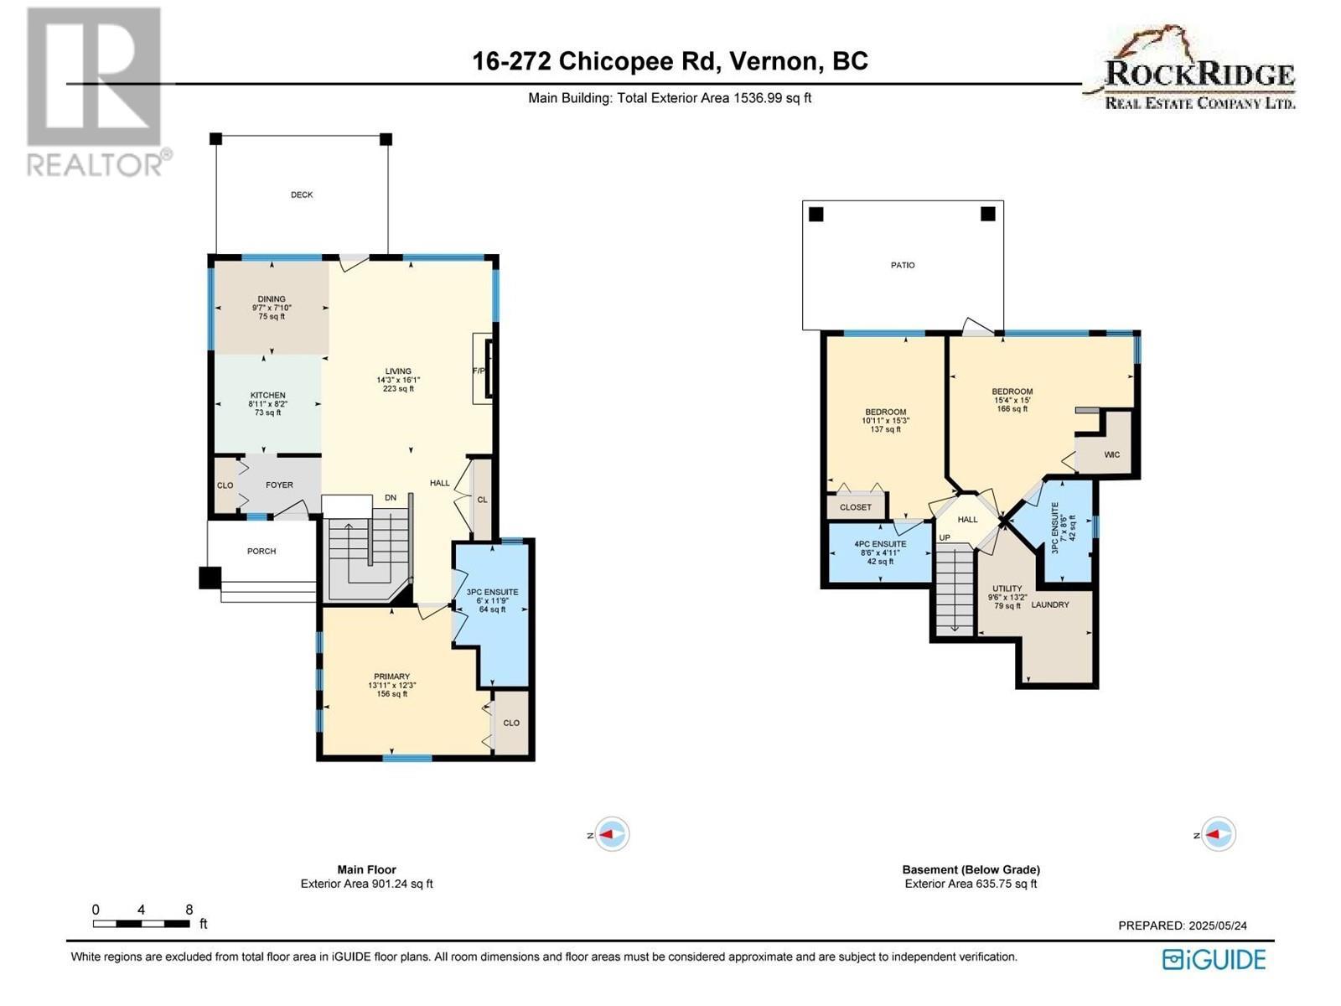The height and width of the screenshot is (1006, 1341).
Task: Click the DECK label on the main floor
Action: point(302,194)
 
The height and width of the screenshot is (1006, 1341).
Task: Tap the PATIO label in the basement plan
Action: point(903,265)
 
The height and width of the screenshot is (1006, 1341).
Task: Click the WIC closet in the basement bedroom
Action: point(1111,454)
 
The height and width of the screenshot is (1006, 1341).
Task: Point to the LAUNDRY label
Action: point(1050,604)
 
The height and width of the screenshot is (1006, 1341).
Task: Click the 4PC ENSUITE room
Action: point(880,552)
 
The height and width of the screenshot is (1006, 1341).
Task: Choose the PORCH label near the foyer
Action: point(261,551)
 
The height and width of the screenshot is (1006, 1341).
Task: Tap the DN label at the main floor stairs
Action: point(391,498)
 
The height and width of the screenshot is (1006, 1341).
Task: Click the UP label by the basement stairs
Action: point(945,537)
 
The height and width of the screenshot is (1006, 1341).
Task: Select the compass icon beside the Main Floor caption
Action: point(612,835)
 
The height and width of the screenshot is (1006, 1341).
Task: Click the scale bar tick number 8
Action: point(189,910)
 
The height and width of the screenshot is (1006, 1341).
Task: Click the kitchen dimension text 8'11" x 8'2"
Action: point(267,404)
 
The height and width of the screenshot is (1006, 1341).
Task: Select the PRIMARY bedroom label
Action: point(391,677)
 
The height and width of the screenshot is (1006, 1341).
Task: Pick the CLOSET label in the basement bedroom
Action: point(856,507)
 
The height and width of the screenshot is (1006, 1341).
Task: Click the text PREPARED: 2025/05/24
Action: point(1183,926)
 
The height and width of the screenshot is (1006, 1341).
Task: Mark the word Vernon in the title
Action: point(774,61)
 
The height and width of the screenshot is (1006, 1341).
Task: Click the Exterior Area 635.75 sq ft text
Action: point(971,884)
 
